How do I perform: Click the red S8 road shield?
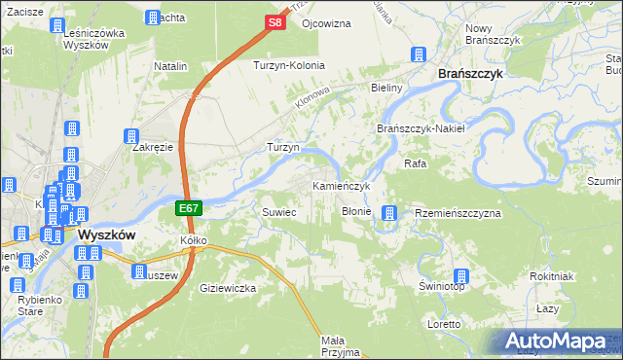point(275,21)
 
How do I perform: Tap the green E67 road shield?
point(189,208)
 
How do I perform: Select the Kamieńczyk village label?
point(341,185)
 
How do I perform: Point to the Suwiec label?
point(277,211)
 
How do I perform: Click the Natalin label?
point(170,65)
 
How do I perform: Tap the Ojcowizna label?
point(326,22)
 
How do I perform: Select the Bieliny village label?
point(386,88)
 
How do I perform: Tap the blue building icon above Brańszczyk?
point(420,54)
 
